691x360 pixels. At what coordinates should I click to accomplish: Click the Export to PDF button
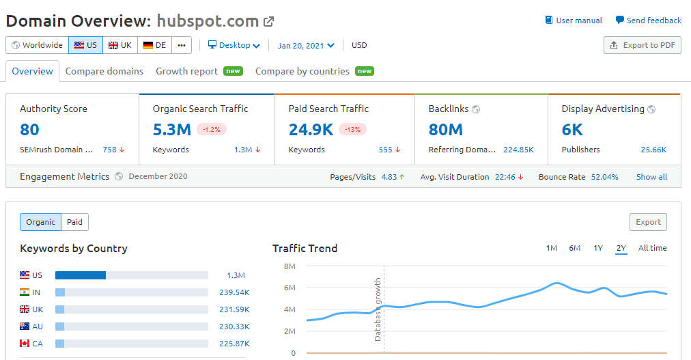[x=643, y=45]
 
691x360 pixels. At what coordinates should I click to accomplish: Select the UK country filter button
[x=120, y=45]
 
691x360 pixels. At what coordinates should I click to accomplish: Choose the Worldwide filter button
[x=37, y=45]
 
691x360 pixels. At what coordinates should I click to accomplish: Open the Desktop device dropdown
[x=234, y=45]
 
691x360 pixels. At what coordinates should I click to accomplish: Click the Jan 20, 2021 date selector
[x=306, y=46]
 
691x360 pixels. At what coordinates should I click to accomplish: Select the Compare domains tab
[x=104, y=71]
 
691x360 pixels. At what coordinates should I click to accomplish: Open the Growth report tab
[x=187, y=71]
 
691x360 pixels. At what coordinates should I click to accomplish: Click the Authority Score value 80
[x=30, y=129]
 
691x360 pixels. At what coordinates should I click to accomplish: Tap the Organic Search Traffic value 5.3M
[x=171, y=129]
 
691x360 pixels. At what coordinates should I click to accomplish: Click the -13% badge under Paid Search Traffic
[x=352, y=129]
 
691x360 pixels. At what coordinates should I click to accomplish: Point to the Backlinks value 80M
[x=446, y=129]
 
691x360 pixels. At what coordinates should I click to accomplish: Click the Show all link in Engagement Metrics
[x=651, y=177]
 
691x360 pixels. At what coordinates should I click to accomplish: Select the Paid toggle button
[x=75, y=222]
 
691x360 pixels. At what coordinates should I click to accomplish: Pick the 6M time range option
[x=575, y=248]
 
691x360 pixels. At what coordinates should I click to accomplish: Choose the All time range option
[x=652, y=248]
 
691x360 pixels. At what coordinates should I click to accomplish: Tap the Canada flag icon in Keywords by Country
[x=25, y=344]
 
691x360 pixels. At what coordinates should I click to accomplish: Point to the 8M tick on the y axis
[x=290, y=266]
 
